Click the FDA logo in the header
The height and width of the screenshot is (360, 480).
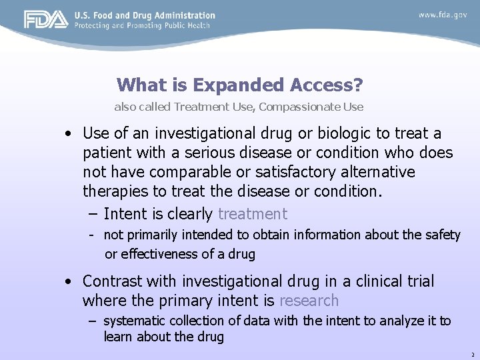click(x=46, y=20)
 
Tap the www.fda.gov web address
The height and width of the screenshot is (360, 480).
click(x=443, y=15)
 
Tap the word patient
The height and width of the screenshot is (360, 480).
click(x=105, y=153)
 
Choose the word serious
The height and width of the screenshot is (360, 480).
click(x=208, y=153)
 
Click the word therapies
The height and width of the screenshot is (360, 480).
click(x=113, y=191)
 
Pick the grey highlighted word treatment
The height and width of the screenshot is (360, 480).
click(x=253, y=214)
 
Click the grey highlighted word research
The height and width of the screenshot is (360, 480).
click(x=309, y=301)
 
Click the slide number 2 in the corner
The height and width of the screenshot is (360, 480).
click(x=472, y=355)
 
